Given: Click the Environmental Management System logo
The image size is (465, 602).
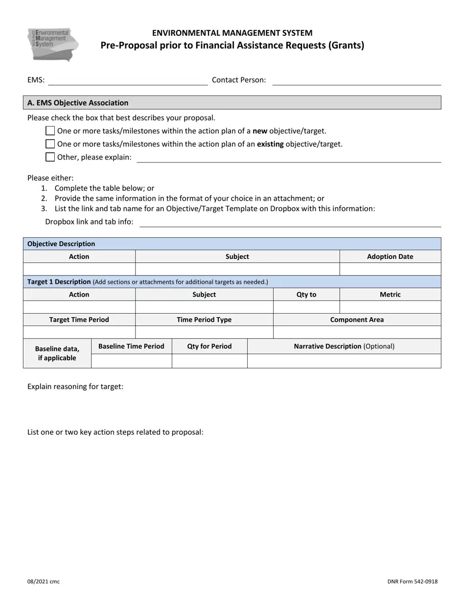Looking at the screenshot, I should [53, 45].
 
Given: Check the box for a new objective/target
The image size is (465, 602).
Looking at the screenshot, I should [50, 131].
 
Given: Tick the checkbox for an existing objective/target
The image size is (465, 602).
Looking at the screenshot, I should [50, 144].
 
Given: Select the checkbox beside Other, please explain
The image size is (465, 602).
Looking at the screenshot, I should [50, 157].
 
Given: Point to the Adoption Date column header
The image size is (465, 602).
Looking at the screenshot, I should [390, 256].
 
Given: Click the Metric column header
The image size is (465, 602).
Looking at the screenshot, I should [390, 295].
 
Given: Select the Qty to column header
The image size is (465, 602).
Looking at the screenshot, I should [306, 295].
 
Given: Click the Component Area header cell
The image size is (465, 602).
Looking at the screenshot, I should [357, 320].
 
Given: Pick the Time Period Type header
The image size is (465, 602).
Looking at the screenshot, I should [204, 320].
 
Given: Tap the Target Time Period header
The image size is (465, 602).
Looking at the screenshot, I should [79, 320].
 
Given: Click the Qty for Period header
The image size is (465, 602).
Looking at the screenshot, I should [209, 346].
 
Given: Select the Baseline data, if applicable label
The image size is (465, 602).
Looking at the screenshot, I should [57, 353].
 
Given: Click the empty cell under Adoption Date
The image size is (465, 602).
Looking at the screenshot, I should [390, 269].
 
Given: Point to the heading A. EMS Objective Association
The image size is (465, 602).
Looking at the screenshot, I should [78, 103].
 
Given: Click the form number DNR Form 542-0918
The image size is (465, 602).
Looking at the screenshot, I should [412, 581].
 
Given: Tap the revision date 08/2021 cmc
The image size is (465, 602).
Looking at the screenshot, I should [44, 581].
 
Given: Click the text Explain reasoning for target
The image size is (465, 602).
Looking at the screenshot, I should [75, 387].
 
